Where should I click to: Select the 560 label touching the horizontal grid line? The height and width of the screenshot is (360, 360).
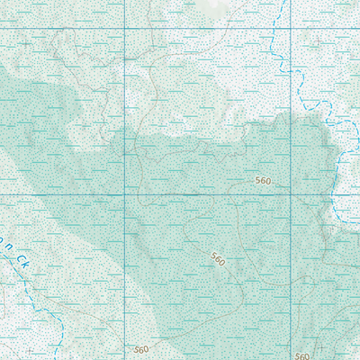(263, 181)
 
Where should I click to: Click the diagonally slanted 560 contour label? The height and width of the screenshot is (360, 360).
(217, 258)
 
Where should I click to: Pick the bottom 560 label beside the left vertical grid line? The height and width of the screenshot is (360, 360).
(140, 348)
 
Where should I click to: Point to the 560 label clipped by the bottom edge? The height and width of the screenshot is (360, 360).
(301, 356)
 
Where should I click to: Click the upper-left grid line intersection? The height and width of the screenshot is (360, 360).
(123, 29)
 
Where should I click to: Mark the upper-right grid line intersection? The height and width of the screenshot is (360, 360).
(290, 29)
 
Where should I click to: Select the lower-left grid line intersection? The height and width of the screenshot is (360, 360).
(123, 194)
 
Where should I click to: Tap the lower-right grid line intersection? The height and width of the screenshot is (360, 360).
(290, 194)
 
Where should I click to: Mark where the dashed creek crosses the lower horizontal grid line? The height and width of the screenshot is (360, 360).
(335, 194)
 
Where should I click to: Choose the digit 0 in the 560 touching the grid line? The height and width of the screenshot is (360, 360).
(268, 181)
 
